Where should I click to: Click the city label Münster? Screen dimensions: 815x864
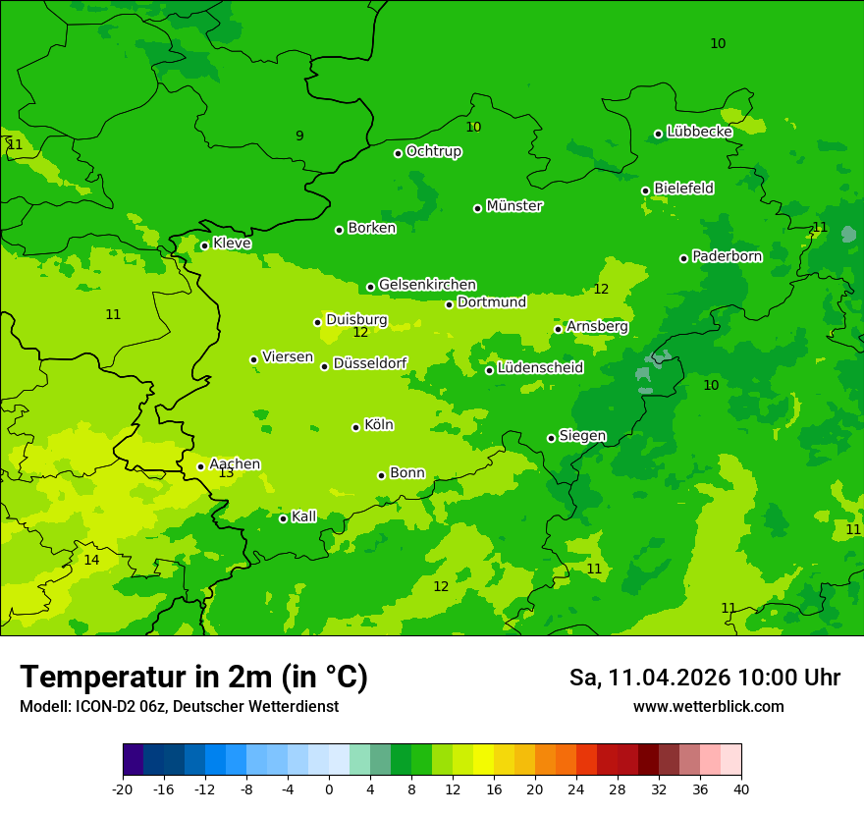tap(514, 206)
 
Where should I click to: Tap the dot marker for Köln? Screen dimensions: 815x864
tap(355, 427)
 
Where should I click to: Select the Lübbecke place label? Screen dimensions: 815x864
tap(699, 132)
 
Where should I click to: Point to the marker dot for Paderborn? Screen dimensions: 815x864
tap(683, 258)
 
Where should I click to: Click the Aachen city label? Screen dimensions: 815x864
tap(235, 464)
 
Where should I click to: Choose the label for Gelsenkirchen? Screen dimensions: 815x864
tap(427, 285)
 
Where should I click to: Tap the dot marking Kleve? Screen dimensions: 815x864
tap(204, 245)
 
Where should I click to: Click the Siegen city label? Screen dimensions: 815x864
tap(582, 436)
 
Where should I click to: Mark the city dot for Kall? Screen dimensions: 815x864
tap(283, 518)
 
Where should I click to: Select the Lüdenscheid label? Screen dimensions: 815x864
tap(540, 368)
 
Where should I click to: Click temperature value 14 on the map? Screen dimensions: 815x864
tap(91, 560)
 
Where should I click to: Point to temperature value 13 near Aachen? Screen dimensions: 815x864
tap(226, 473)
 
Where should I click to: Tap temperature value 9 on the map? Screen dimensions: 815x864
tap(299, 136)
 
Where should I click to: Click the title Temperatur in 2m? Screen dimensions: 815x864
tap(193, 678)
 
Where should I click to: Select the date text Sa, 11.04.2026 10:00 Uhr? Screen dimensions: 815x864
tap(704, 678)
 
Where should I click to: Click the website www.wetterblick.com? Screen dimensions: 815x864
tap(708, 707)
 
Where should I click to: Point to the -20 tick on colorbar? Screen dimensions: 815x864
tap(123, 788)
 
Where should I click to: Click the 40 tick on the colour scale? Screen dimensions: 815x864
tap(741, 788)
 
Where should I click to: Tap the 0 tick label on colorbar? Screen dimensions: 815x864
tap(329, 788)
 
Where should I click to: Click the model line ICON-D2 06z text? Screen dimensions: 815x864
tap(179, 707)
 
